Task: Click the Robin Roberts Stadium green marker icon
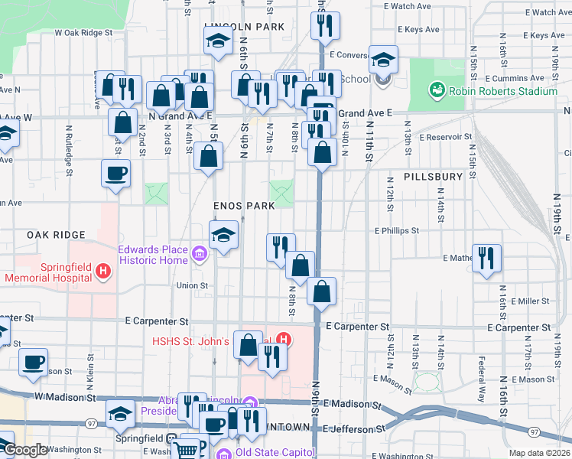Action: pyautogui.click(x=437, y=91)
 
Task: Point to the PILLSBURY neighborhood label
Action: pyautogui.click(x=433, y=177)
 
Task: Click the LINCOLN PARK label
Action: pyautogui.click(x=244, y=27)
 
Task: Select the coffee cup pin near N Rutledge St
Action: pyautogui.click(x=115, y=173)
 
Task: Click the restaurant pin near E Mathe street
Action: pyautogui.click(x=486, y=258)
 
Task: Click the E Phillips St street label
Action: pyautogui.click(x=397, y=230)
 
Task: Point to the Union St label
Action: pyautogui.click(x=193, y=285)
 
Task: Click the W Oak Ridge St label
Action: pyautogui.click(x=84, y=34)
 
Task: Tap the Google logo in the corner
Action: pyautogui.click(x=24, y=450)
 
